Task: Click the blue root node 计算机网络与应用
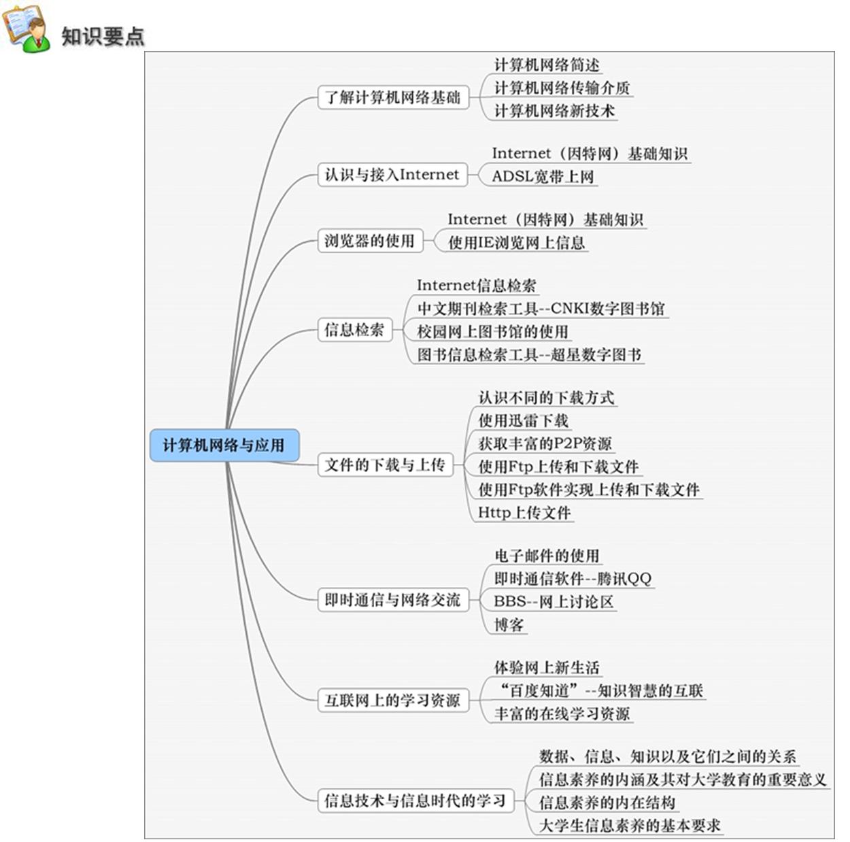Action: pos(224,445)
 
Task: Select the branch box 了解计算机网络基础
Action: pos(393,97)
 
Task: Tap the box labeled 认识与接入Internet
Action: pos(392,174)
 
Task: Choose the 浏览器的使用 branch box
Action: pos(370,241)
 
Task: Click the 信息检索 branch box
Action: pos(355,330)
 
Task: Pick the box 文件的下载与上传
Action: pos(385,465)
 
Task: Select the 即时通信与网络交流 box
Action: pos(393,599)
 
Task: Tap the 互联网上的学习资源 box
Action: pos(393,700)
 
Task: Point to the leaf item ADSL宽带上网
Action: pos(543,177)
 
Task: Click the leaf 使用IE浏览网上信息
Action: pos(517,242)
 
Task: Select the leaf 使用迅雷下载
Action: pos(524,420)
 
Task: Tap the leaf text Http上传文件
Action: pos(524,513)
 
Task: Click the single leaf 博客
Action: pos(509,624)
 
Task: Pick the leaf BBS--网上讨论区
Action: pos(554,601)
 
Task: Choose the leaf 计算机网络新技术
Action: pos(554,111)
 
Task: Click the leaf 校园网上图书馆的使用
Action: pos(493,331)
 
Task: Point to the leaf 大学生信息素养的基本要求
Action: pos(630,825)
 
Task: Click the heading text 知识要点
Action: pos(103,37)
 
